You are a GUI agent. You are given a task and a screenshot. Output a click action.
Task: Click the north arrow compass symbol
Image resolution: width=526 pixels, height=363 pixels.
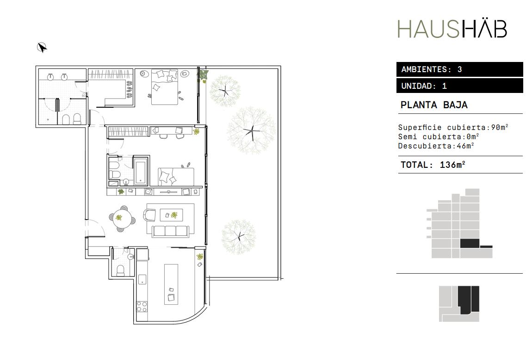[42, 48]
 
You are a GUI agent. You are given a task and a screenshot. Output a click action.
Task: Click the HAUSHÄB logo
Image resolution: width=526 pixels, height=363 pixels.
[452, 28]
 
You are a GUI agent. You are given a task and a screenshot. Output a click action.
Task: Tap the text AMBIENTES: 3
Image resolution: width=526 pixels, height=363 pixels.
[432, 69]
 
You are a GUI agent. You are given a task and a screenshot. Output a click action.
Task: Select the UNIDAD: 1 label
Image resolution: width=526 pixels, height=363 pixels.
[424, 86]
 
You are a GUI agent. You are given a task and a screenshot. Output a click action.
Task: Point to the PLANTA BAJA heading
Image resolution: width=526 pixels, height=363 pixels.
[434, 105]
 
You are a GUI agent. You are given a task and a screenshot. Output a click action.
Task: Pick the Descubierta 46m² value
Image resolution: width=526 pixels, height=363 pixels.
[465, 146]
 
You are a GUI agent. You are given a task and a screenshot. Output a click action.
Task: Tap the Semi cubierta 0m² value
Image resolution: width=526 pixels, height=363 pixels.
[472, 136]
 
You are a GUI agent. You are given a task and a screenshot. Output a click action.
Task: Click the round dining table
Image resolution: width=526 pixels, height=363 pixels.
[119, 218]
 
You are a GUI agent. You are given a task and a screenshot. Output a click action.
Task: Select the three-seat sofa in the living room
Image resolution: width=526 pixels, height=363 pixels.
[171, 231]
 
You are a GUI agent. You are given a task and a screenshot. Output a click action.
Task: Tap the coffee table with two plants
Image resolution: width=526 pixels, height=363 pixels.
[171, 215]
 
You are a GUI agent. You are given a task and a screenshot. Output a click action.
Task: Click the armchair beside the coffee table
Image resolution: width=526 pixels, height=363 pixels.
[150, 215]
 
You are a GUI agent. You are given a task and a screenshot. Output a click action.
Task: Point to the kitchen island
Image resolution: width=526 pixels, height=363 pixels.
[171, 284]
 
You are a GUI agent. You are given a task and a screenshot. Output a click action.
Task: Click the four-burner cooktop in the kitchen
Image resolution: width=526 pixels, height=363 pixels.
[142, 307]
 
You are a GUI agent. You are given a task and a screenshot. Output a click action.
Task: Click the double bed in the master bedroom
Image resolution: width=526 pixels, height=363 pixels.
[164, 87]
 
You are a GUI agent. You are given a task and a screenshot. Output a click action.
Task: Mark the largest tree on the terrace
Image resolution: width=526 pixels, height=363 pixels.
[252, 130]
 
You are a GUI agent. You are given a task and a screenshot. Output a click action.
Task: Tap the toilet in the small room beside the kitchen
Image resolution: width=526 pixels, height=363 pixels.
[120, 270]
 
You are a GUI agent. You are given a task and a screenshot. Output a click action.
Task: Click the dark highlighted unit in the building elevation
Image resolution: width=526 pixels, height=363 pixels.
[469, 243]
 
